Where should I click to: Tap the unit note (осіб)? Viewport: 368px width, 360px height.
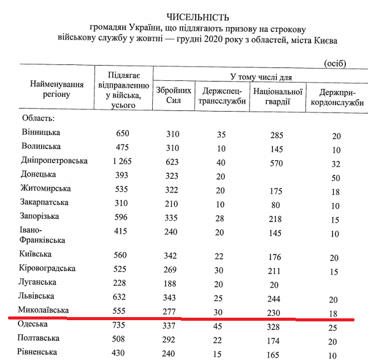pos(333,63)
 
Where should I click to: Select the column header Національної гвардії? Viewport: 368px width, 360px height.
pos(270,97)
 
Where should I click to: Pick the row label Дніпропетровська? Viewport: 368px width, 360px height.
pos(55,161)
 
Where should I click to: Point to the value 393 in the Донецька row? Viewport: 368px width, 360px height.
pos(124,175)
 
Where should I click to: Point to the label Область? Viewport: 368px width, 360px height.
pos(38,117)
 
